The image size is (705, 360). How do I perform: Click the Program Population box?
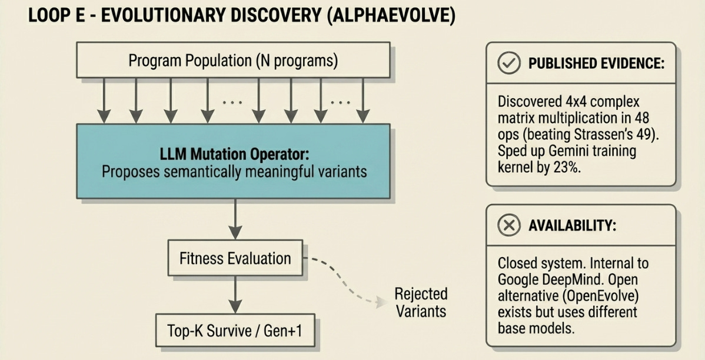coord(233,61)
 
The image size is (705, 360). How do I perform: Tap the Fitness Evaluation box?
coord(235,258)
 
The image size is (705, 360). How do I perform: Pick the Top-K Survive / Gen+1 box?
coord(235,331)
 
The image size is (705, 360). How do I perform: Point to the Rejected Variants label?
coord(421,302)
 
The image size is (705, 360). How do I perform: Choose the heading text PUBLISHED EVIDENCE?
coord(596,64)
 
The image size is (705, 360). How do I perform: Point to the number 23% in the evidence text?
coord(568,167)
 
